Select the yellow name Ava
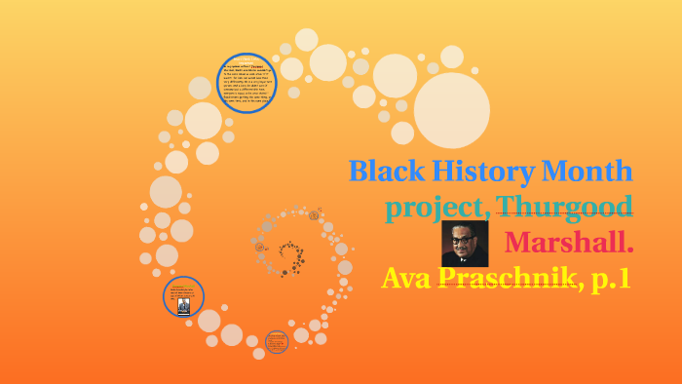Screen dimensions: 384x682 [x=406, y=278]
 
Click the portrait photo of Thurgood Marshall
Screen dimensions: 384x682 [x=465, y=243]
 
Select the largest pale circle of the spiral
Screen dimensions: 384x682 [x=452, y=110]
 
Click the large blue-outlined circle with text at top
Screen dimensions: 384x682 [x=246, y=84]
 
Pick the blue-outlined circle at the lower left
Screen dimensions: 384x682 [x=184, y=296]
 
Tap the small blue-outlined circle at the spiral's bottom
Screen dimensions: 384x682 [x=277, y=341]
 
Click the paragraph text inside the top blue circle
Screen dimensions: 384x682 [x=246, y=84]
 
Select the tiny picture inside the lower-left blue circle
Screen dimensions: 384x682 [x=183, y=306]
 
